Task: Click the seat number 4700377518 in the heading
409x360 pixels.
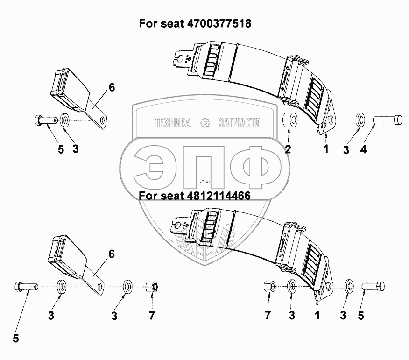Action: tap(220, 23)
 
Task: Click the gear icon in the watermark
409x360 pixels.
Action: tap(204, 123)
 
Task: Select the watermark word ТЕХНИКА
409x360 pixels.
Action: tap(173, 123)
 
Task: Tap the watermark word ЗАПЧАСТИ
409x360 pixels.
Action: tap(239, 123)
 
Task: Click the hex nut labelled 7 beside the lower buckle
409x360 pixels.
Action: tap(152, 287)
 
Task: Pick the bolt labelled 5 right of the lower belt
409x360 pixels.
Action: tap(374, 286)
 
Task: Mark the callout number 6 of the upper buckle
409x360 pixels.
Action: tap(112, 87)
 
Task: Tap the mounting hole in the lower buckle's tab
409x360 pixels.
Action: tap(100, 286)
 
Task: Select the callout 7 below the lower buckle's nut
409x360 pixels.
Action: tap(152, 316)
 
